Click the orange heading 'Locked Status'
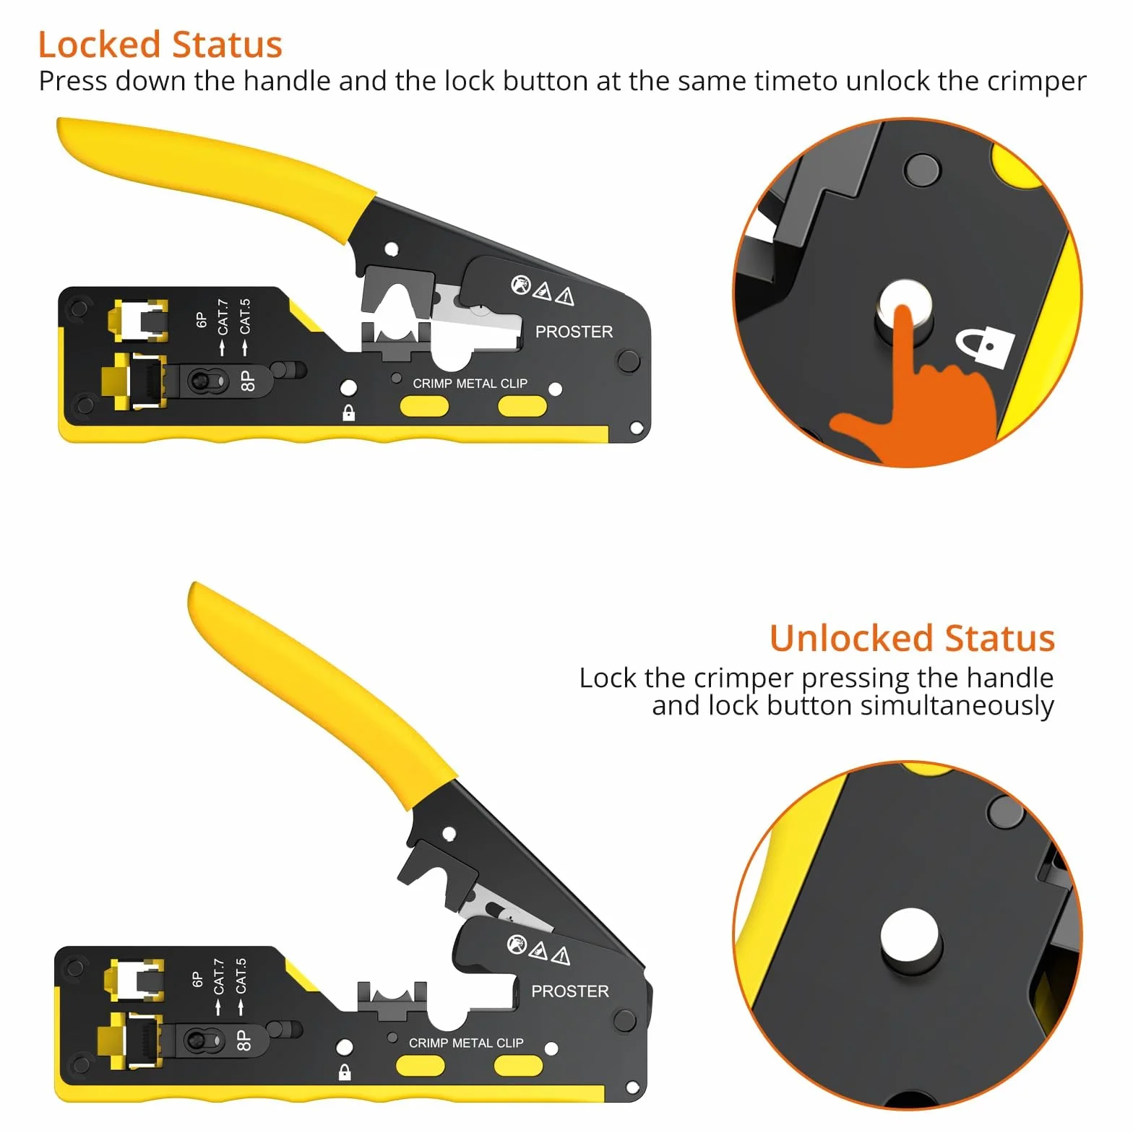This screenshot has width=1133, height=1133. (160, 45)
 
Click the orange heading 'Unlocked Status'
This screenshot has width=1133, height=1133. (912, 639)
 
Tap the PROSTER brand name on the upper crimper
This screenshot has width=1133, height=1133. (574, 332)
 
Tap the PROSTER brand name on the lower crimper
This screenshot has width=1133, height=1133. (570, 991)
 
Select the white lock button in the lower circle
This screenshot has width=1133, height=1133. (910, 937)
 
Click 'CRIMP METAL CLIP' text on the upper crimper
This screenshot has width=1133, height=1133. (470, 384)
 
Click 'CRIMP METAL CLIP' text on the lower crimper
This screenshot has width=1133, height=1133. (466, 1043)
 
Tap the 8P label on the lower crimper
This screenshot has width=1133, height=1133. (244, 1041)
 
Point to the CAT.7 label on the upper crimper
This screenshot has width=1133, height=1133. (223, 317)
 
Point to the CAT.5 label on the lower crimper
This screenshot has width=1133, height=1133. (241, 976)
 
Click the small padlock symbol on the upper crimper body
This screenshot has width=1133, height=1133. (348, 413)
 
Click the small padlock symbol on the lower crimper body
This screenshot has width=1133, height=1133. (345, 1072)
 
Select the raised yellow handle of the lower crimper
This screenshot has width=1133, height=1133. (318, 694)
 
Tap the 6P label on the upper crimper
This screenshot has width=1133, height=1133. (202, 319)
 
